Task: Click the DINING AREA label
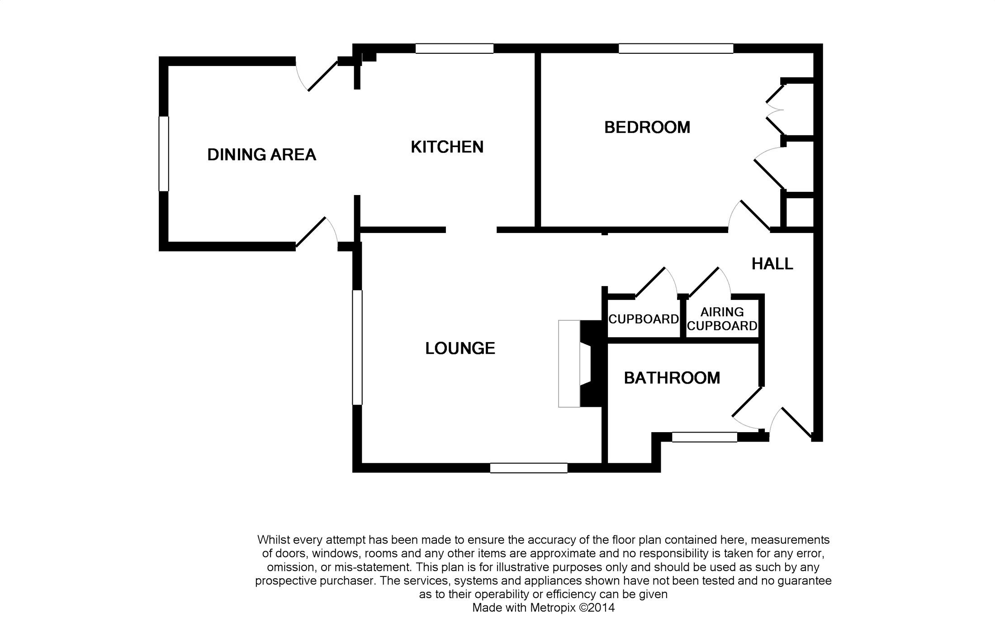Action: pyautogui.click(x=261, y=155)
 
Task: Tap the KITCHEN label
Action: pyautogui.click(x=447, y=147)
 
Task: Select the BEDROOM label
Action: pyautogui.click(x=647, y=128)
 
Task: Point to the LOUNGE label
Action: pyautogui.click(x=460, y=348)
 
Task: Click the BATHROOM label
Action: pyautogui.click(x=672, y=378)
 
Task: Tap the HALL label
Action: pyautogui.click(x=772, y=264)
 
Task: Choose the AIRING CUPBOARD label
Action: pyautogui.click(x=722, y=319)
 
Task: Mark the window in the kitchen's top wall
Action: pyautogui.click(x=454, y=48)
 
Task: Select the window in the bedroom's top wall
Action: pyautogui.click(x=676, y=48)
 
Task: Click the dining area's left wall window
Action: pyautogui.click(x=164, y=154)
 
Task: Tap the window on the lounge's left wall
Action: pyautogui.click(x=357, y=347)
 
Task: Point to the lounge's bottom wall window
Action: pyautogui.click(x=529, y=468)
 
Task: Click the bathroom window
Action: pyautogui.click(x=704, y=437)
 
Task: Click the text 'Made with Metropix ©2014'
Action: pyautogui.click(x=543, y=607)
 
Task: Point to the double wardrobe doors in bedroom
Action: pyautogui.click(x=774, y=110)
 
